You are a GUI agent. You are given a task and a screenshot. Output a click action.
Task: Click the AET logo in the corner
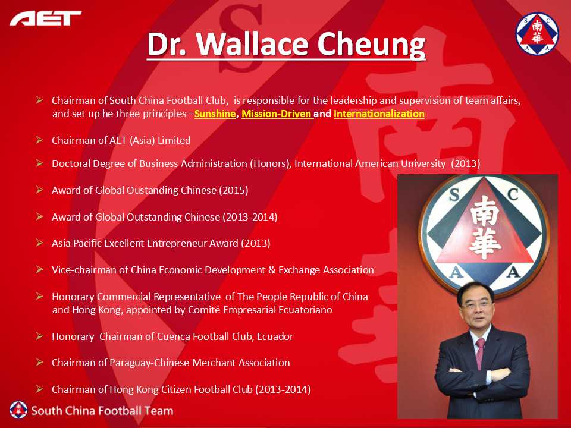pos(46,18)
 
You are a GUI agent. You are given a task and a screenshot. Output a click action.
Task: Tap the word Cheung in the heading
pos(371,46)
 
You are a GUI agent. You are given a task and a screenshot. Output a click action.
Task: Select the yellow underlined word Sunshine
pos(215,114)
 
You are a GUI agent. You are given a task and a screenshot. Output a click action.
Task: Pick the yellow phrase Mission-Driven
pos(277,114)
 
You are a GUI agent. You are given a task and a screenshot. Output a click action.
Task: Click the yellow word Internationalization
pos(379,114)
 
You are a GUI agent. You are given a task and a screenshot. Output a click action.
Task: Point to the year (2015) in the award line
pos(233,190)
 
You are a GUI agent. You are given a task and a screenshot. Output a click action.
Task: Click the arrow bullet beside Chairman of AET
pos(39,140)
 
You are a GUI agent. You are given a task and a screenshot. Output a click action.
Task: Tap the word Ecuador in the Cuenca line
pos(275,336)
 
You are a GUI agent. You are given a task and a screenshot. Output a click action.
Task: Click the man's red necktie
pos(480,353)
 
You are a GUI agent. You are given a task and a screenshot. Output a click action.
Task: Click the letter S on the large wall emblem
pos(454,196)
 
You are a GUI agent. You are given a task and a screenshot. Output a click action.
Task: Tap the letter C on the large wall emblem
pos(513,194)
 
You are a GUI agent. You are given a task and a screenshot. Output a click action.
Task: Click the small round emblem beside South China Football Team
pos(18,410)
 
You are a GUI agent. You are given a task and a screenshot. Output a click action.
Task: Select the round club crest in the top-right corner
pos(537,33)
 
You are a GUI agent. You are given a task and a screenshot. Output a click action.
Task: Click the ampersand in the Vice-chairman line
pos(272,270)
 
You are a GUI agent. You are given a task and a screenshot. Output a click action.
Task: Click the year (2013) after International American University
pos(465,163)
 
